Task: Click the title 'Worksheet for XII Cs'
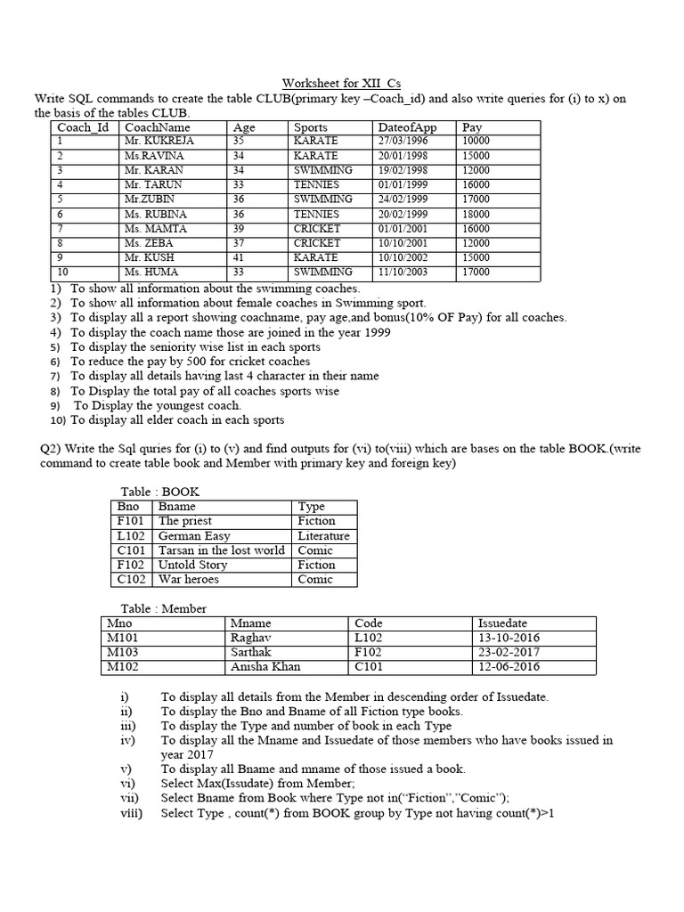click(x=342, y=83)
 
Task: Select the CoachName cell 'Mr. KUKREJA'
click(x=159, y=141)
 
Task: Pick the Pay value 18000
click(x=476, y=214)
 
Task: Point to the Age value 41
click(x=239, y=257)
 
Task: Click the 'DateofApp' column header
click(x=407, y=127)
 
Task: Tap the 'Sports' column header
click(x=311, y=127)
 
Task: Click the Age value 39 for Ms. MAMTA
click(x=239, y=228)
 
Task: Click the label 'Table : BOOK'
click(x=160, y=492)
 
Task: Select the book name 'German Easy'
click(x=194, y=536)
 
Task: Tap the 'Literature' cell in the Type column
click(x=324, y=536)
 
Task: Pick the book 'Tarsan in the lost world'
click(x=222, y=550)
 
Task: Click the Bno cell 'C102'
click(x=130, y=579)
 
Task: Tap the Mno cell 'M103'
click(x=124, y=652)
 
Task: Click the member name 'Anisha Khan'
click(x=265, y=666)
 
